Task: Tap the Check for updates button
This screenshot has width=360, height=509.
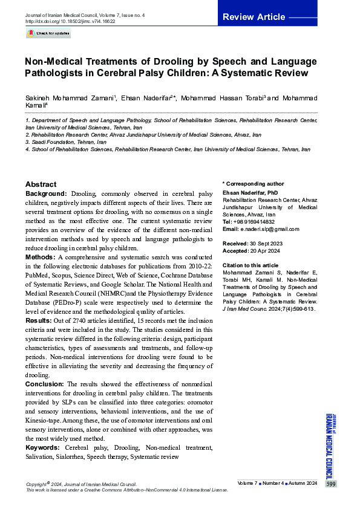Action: [x=48, y=34]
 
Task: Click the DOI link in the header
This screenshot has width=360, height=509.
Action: [x=70, y=21]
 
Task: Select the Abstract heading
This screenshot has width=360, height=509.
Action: [x=41, y=184]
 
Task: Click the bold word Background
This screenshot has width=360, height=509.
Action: [x=45, y=193]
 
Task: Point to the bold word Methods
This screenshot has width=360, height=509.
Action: [x=40, y=258]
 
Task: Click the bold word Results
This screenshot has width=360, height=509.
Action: [x=39, y=320]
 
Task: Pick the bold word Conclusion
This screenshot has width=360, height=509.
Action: [x=45, y=384]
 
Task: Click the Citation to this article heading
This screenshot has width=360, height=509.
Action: [x=250, y=265]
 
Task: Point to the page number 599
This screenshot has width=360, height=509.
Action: [x=330, y=484]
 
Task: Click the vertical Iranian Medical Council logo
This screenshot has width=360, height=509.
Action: [x=330, y=444]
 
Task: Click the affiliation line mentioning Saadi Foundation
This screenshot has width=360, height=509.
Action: [x=61, y=141]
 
